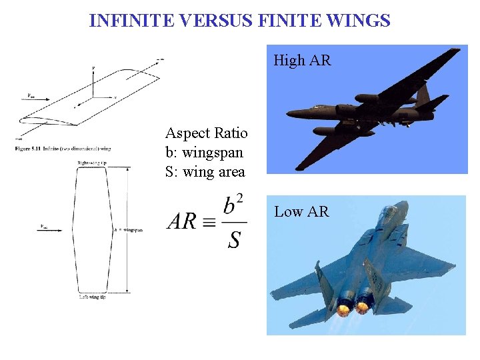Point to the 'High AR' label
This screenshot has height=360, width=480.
coord(302,61)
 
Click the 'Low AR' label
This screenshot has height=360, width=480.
coord(301,212)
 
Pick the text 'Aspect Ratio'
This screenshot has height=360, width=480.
coord(206,133)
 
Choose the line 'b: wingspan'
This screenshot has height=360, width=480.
coord(204,152)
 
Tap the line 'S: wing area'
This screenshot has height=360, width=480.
coord(205,171)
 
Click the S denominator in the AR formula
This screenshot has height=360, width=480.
coord(233,239)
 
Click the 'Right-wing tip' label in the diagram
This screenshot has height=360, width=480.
coord(93,162)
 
